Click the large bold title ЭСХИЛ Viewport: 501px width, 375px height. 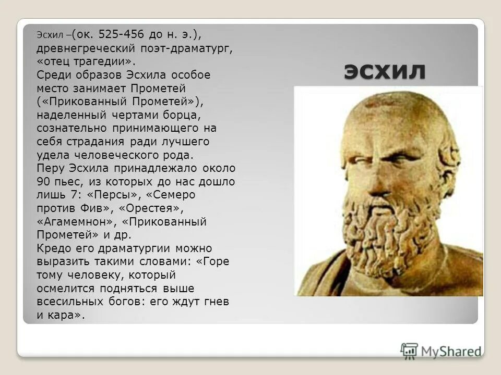click(385, 71)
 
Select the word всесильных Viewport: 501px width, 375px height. click(68, 302)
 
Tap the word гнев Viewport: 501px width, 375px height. click(216, 302)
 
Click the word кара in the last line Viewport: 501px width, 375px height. click(65, 315)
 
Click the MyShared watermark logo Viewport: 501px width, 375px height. click(441, 351)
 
